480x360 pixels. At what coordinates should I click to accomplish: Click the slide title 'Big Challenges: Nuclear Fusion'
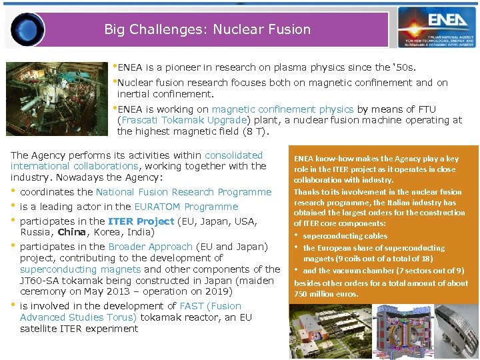click(207, 29)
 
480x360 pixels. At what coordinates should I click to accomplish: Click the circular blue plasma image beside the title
click(27, 29)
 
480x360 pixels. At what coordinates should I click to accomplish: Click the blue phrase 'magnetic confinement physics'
click(283, 109)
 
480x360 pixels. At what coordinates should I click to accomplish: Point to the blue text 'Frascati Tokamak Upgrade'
click(183, 121)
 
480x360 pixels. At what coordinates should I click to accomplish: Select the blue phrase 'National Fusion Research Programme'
click(184, 192)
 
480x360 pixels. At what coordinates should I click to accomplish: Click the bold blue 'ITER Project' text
click(141, 221)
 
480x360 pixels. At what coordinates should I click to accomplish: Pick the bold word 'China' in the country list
click(72, 233)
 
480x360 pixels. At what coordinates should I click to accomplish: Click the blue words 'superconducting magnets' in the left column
click(80, 269)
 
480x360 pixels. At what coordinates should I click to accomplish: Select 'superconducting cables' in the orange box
click(345, 236)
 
